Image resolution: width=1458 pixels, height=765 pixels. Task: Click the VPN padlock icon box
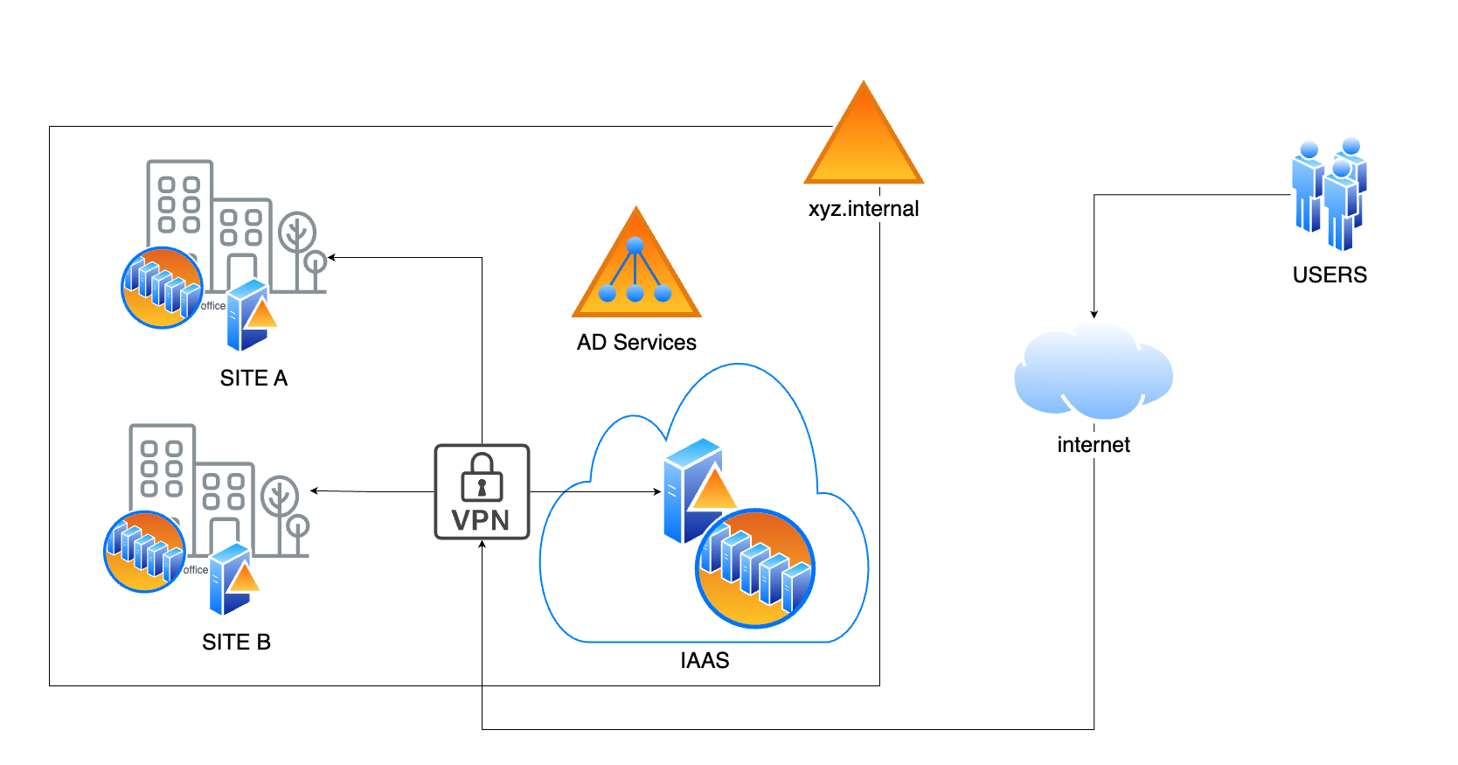(482, 491)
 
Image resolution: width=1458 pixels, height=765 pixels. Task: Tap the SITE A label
(253, 378)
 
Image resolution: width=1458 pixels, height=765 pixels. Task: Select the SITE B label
(236, 642)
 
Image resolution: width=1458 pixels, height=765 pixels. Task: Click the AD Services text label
(636, 342)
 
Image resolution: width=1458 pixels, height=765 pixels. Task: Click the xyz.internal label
(864, 209)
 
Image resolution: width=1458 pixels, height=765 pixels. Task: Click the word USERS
(1330, 275)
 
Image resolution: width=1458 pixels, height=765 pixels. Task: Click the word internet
(1093, 445)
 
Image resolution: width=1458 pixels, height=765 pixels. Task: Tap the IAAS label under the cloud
(705, 660)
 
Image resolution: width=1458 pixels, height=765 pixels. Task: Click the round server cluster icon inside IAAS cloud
(755, 568)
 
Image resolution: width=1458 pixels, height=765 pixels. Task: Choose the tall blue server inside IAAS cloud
(691, 490)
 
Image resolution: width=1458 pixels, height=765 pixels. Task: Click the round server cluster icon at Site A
(162, 288)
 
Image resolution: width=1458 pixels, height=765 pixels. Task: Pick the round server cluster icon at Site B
(144, 552)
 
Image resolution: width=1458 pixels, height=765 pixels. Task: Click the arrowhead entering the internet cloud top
(1093, 314)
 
